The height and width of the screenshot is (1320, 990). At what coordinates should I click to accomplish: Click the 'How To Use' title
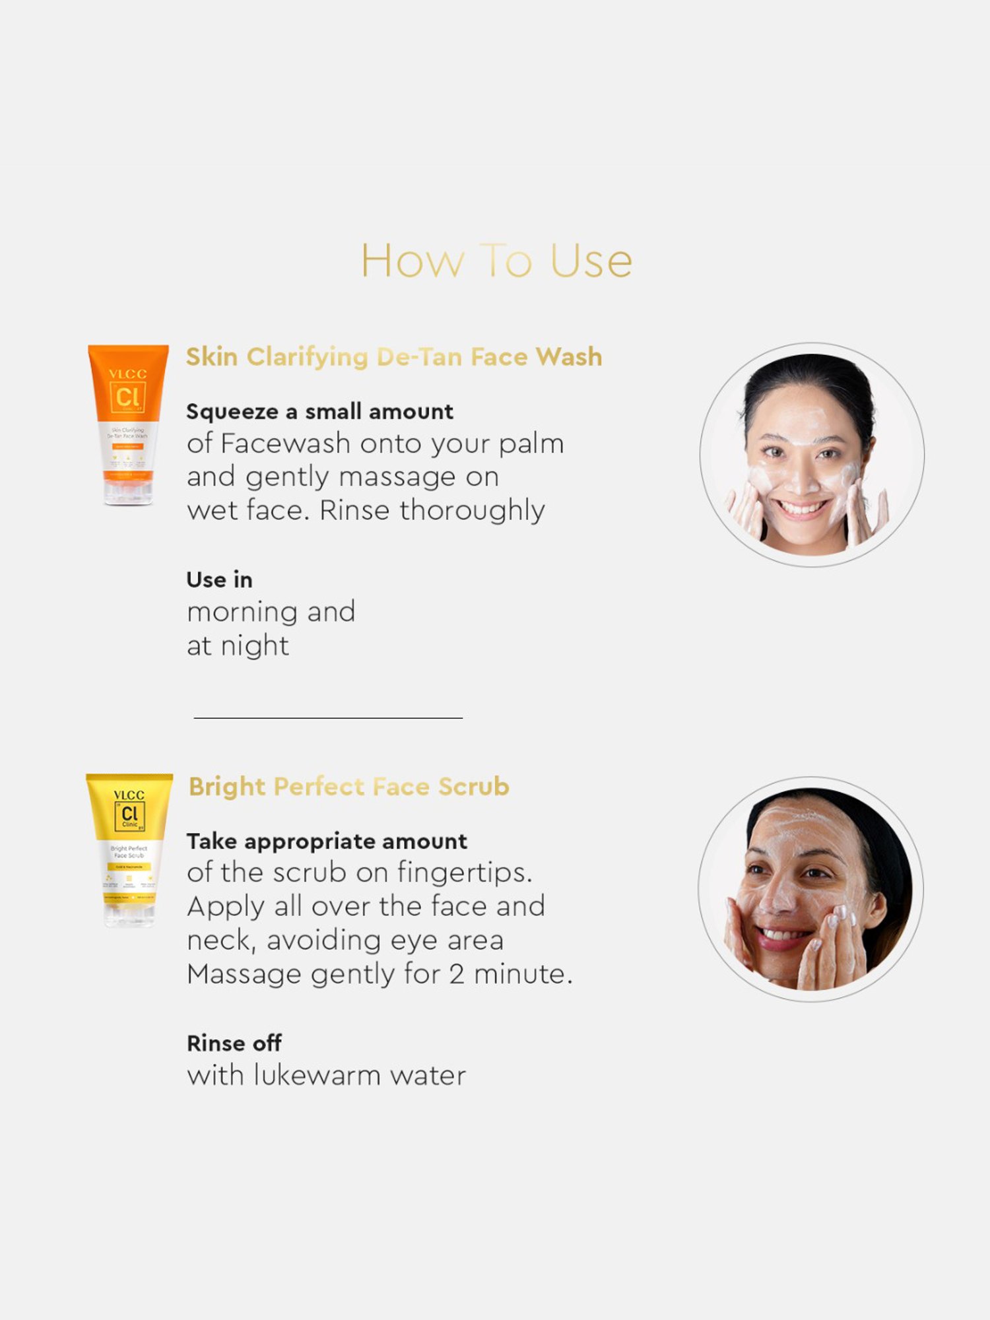click(496, 261)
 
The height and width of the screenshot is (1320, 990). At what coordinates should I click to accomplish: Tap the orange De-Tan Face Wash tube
click(128, 424)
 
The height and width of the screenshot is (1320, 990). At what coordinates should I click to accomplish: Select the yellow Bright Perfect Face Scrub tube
click(129, 850)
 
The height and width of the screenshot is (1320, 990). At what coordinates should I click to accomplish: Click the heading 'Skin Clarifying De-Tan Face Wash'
click(393, 357)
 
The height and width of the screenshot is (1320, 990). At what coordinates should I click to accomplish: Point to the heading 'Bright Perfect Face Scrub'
click(348, 787)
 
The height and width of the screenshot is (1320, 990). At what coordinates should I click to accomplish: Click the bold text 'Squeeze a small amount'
click(319, 412)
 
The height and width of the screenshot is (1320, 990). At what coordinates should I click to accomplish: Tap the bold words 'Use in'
click(219, 579)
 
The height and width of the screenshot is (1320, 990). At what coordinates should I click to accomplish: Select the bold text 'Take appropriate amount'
click(327, 841)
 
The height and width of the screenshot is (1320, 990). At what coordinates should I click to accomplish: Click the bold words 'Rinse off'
click(234, 1043)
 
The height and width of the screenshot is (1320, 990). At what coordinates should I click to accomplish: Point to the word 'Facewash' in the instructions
click(285, 444)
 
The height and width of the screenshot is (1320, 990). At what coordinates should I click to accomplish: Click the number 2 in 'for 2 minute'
click(456, 975)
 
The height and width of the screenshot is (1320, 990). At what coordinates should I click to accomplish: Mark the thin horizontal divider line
click(328, 717)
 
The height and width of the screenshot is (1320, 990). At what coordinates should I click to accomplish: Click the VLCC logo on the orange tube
click(127, 374)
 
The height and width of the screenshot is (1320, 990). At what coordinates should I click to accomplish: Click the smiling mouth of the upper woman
click(801, 509)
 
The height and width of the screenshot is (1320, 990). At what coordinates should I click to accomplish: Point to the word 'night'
click(255, 646)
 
